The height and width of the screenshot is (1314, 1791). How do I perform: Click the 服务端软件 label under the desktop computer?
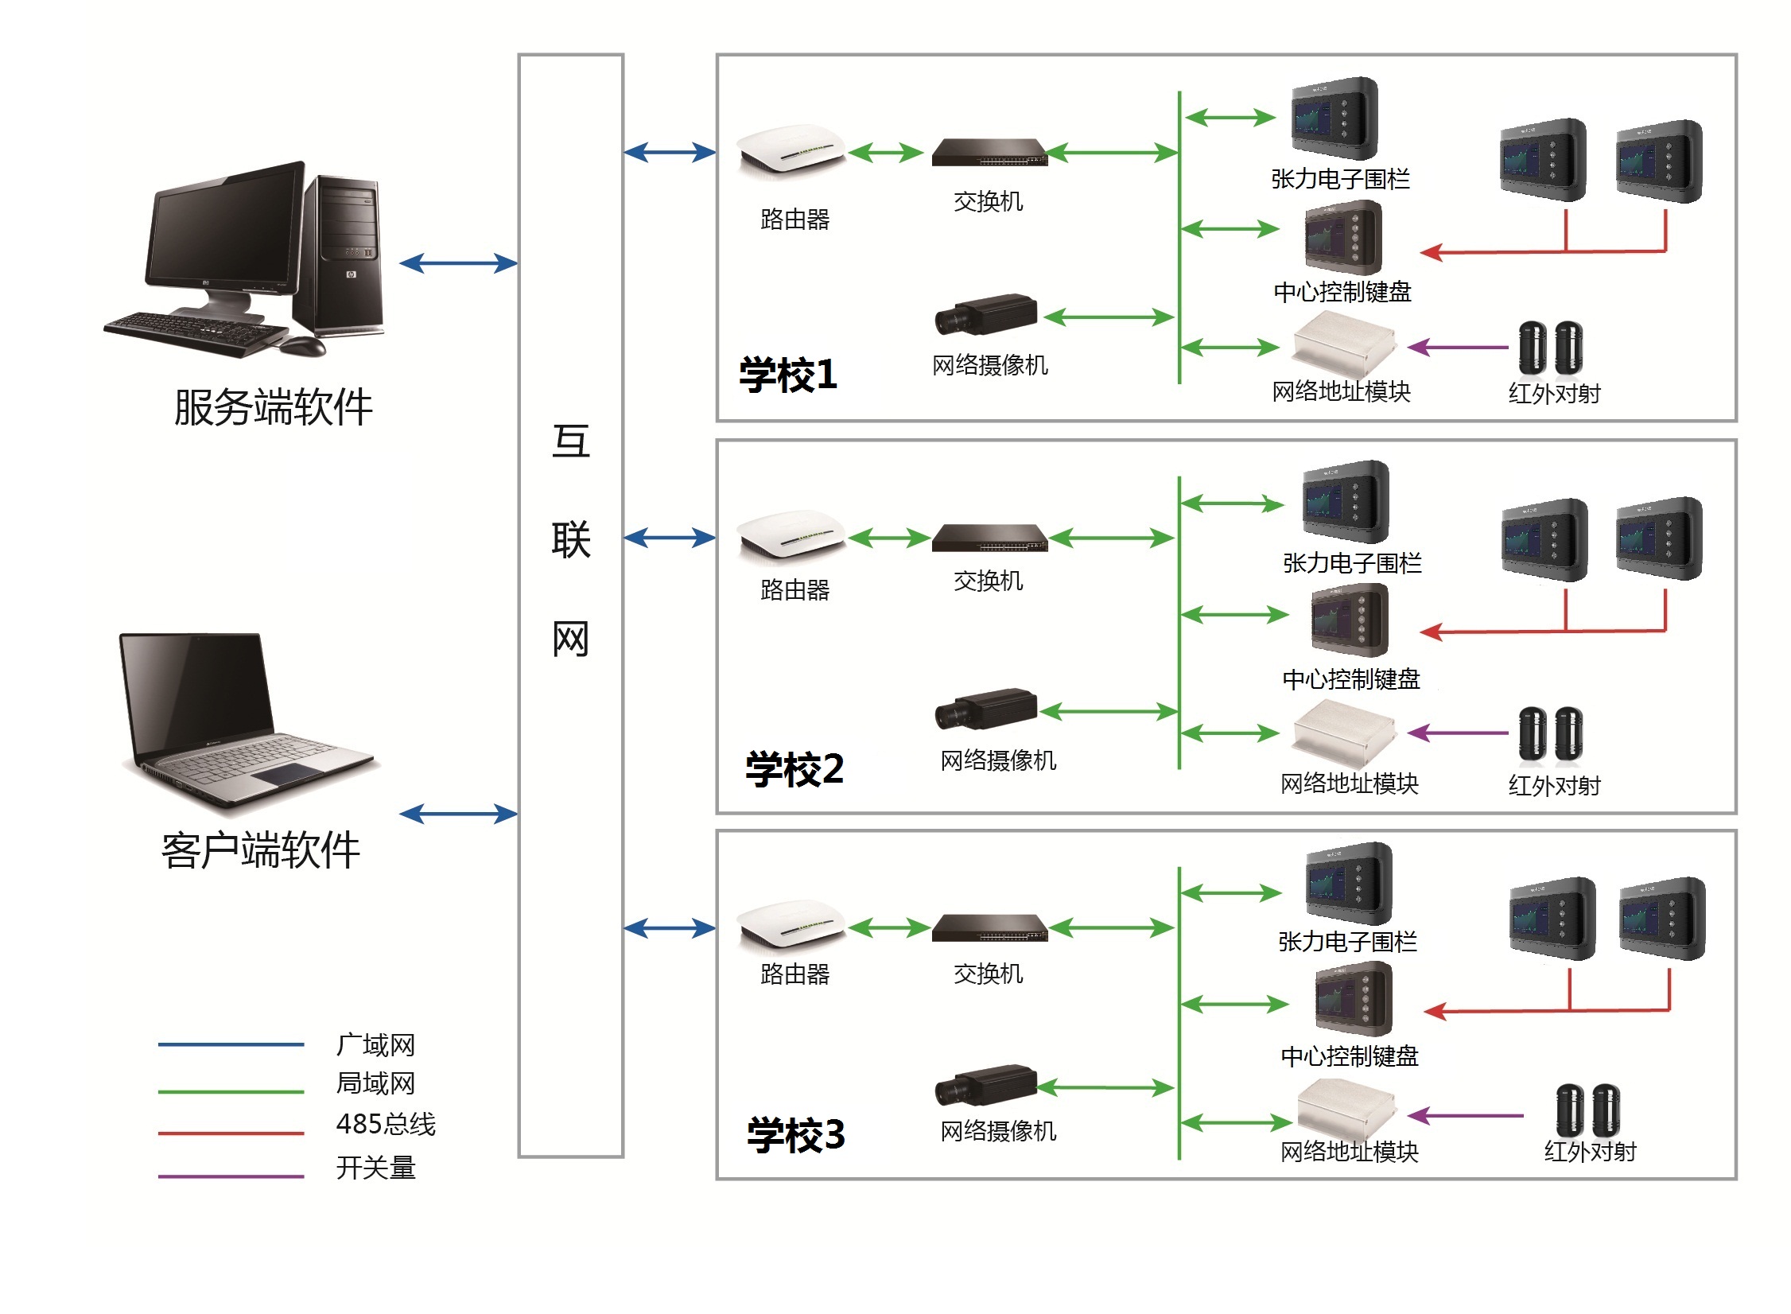click(x=273, y=407)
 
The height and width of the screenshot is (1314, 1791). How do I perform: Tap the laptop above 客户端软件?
click(x=247, y=720)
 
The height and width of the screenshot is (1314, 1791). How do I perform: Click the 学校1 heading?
click(x=788, y=375)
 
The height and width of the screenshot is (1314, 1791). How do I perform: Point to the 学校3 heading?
click(x=795, y=1135)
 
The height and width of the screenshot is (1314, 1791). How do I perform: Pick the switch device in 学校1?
click(x=989, y=152)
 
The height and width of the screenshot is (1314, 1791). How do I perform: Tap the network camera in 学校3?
click(x=986, y=1086)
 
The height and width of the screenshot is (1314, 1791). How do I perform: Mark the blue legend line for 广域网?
click(x=231, y=1044)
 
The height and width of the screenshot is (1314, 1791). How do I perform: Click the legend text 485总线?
click(x=386, y=1124)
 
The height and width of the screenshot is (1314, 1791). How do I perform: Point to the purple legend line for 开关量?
click(x=231, y=1176)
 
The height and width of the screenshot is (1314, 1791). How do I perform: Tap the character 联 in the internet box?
click(x=570, y=540)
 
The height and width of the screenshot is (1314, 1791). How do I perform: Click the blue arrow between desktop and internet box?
click(x=458, y=263)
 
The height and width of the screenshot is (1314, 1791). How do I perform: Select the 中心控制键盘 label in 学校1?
click(x=1342, y=293)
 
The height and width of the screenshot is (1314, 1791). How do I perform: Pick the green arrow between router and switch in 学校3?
click(x=888, y=927)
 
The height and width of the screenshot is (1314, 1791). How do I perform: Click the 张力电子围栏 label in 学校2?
click(x=1352, y=564)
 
